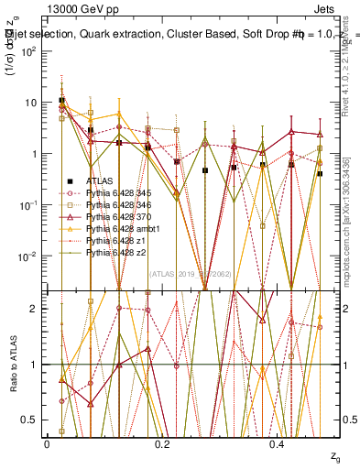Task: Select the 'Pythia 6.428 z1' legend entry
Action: coord(113,240)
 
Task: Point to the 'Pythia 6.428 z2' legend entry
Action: coord(113,252)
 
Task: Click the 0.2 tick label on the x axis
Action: coord(162,444)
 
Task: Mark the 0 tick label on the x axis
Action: coord(47,444)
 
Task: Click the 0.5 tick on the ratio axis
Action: coord(35,420)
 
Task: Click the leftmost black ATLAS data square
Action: coord(61,101)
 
